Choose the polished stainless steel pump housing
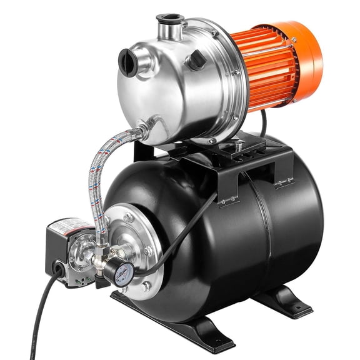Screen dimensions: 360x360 tap(175, 87)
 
